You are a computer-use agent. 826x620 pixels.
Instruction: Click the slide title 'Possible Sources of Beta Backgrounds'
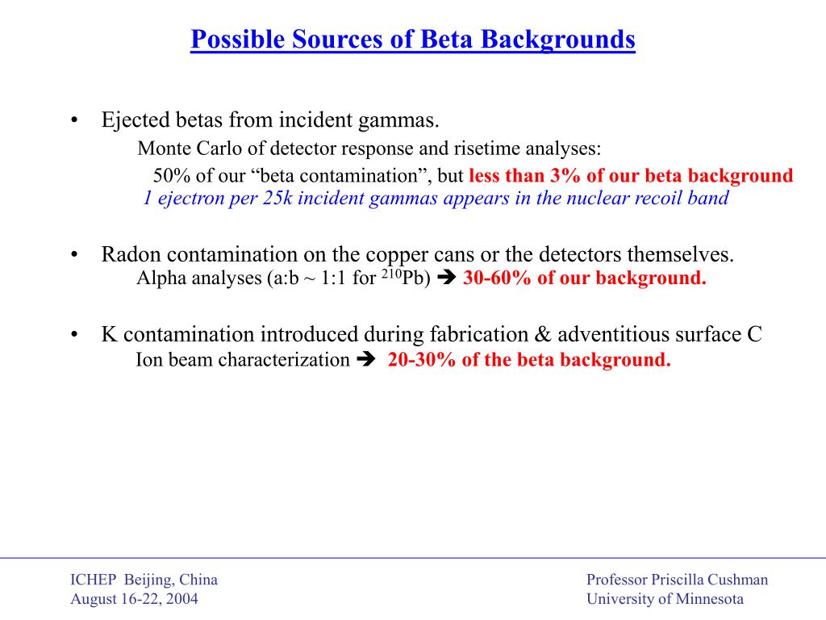[x=413, y=39]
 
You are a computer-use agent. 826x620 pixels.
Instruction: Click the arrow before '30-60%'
[x=448, y=279]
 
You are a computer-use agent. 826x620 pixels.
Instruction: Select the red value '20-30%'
[x=422, y=360]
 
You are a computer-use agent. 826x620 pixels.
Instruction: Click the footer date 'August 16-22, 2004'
[x=134, y=599]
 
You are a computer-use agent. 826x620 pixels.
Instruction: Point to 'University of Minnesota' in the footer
[x=665, y=599]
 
